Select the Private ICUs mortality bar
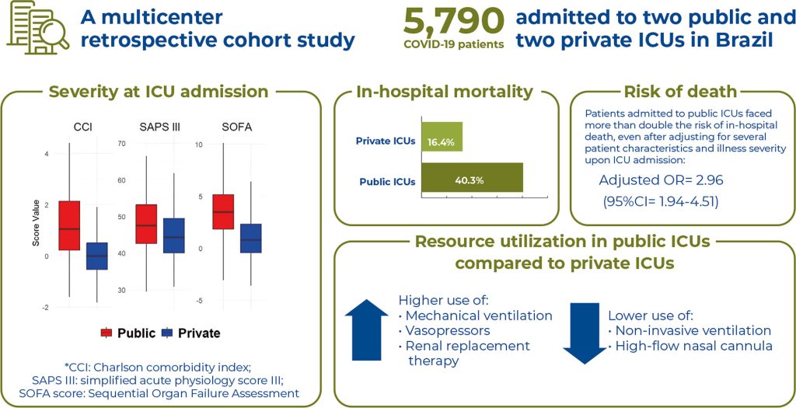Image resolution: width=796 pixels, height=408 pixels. coord(442,137)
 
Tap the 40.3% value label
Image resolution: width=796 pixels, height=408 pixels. coord(466,181)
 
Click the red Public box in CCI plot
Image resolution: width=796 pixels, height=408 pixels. coord(69,225)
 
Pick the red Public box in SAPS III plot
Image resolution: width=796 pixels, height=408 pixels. coord(146,224)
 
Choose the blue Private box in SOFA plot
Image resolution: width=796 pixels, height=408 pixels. coord(250,238)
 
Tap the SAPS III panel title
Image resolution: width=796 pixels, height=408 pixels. coord(159,127)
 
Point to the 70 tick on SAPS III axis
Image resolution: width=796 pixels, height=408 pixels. coord(122,145)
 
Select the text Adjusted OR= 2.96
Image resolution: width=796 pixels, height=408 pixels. coord(657,180)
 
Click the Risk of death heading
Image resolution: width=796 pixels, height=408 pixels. coord(681,92)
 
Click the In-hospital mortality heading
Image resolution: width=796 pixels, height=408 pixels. coord(445,92)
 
